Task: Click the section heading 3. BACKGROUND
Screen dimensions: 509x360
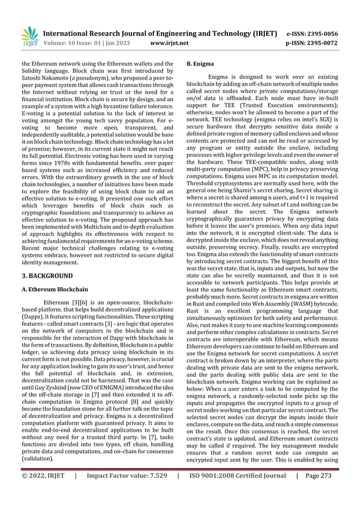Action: [47, 275]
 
